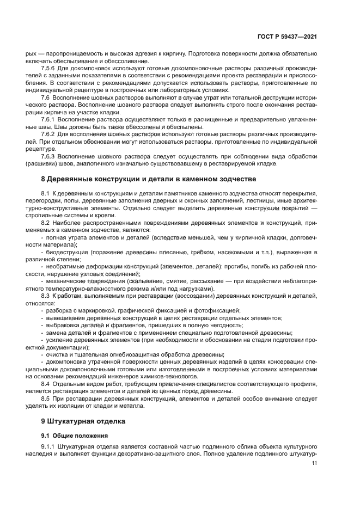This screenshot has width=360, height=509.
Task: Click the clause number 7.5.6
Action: [50, 68]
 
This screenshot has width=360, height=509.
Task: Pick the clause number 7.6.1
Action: [50, 118]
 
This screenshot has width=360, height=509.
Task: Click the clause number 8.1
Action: [46, 194]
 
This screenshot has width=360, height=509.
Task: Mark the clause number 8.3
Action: [46, 295]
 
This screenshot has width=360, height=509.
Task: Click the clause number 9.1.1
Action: [50, 447]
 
